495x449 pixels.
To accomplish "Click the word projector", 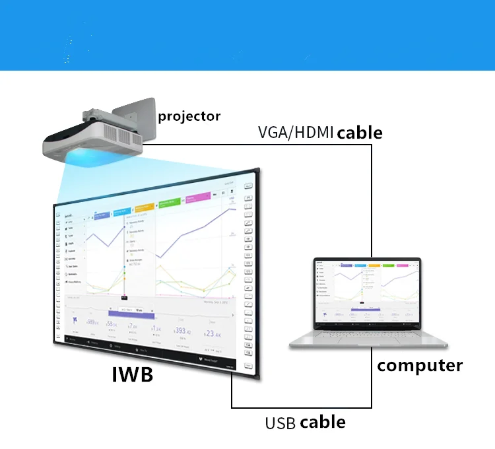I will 189,116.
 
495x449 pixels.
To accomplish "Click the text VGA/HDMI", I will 295,133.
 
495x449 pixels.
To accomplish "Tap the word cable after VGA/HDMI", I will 359,133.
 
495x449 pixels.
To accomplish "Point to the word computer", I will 420,365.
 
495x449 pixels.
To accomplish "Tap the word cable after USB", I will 322,422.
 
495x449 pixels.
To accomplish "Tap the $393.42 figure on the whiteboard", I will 181,331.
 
